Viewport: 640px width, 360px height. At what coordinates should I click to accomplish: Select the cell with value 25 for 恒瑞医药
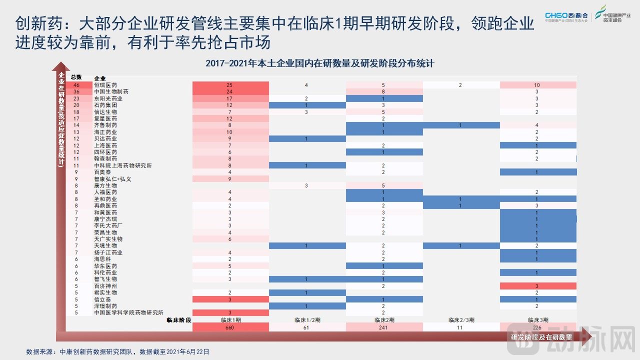[230, 85]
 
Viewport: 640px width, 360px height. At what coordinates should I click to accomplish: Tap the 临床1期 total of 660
[230, 327]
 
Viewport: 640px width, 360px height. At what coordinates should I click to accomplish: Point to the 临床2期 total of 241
[384, 327]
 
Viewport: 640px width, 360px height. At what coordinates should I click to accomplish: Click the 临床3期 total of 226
[537, 327]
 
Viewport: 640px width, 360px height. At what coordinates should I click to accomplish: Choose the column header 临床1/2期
[307, 319]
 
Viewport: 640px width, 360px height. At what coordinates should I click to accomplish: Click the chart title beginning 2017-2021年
[319, 64]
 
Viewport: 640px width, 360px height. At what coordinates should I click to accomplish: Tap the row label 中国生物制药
[111, 92]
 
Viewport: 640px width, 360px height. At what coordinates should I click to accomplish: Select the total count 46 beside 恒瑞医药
[76, 85]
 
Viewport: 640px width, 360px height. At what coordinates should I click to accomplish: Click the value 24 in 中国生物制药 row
[230, 92]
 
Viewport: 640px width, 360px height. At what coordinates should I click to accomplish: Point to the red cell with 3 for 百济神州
[537, 285]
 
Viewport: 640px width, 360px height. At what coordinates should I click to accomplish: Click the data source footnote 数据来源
[117, 351]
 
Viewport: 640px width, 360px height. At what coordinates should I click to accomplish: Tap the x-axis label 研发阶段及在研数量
[541, 337]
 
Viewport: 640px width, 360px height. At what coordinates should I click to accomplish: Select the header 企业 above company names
[99, 78]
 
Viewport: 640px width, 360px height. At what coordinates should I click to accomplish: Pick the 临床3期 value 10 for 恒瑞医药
[537, 85]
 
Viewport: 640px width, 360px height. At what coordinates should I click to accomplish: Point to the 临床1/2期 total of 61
[307, 327]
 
